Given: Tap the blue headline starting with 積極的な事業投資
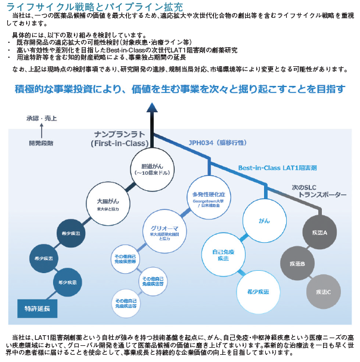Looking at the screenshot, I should pyautogui.click(x=179, y=89).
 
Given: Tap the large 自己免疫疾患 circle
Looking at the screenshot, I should pyautogui.click(x=222, y=256).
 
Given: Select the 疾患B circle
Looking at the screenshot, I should pyautogui.click(x=297, y=263).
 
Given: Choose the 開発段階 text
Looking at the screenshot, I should pyautogui.click(x=41, y=143).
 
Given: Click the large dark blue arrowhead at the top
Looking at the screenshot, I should pyautogui.click(x=153, y=108).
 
